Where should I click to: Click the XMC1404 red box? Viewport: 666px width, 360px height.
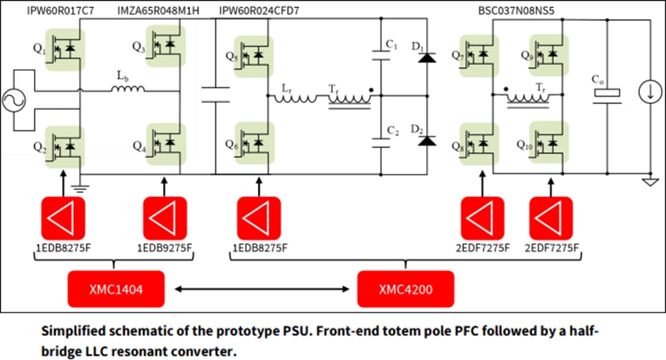click(x=116, y=289)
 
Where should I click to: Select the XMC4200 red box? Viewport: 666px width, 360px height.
click(x=406, y=289)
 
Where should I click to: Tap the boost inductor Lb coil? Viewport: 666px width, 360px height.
click(x=128, y=90)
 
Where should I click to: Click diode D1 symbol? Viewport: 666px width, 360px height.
click(x=427, y=57)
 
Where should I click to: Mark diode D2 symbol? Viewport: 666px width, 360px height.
click(x=427, y=141)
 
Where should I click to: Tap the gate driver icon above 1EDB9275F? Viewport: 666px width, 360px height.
click(x=165, y=218)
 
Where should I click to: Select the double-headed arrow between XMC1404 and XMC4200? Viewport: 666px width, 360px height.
click(x=261, y=288)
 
